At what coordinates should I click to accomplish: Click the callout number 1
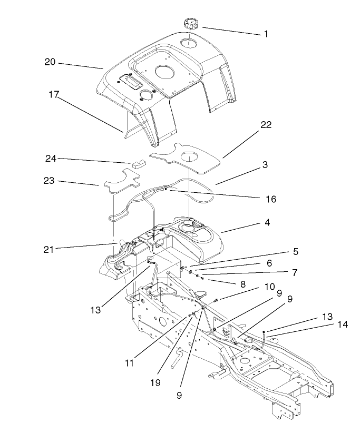[x=266, y=34]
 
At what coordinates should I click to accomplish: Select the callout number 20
[x=50, y=62]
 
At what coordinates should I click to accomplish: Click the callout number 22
[x=266, y=124]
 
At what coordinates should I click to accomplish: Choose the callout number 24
[x=50, y=158]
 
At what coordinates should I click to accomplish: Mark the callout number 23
[x=50, y=181]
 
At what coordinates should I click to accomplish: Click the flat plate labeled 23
[x=119, y=181]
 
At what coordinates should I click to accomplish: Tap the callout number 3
[x=265, y=165]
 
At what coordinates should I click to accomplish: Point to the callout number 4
[x=267, y=223]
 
